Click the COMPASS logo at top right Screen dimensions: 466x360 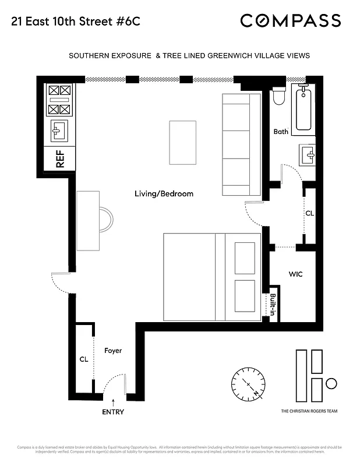coord(290,21)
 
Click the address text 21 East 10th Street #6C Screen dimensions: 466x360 coord(74,22)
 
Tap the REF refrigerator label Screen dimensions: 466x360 coord(60,159)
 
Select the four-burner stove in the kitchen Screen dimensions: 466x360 coord(60,100)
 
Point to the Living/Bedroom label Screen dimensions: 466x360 coord(164,194)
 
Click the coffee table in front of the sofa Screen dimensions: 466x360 coord(182,142)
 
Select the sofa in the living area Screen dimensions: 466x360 coord(241,144)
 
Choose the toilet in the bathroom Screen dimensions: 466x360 coord(278,96)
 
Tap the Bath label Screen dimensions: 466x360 coord(281,132)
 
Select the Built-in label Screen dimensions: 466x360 coord(273,304)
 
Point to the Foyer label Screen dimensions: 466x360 coord(113,351)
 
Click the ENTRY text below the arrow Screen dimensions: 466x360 coord(113,412)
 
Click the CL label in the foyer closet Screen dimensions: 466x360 coord(84,359)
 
